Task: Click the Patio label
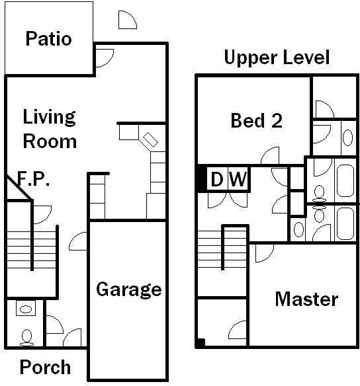click(x=48, y=38)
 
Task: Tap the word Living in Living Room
click(x=50, y=118)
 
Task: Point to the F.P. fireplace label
click(x=33, y=179)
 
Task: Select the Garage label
click(x=129, y=289)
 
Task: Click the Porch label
click(x=45, y=367)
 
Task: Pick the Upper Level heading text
click(x=277, y=58)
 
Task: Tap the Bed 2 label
click(x=257, y=121)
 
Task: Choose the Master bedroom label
click(x=306, y=299)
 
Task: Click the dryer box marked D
click(x=216, y=179)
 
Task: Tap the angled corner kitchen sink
click(x=150, y=140)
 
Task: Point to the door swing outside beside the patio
click(x=127, y=20)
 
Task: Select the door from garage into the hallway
click(x=79, y=242)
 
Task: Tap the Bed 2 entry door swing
click(x=270, y=157)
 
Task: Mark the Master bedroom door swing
click(x=264, y=252)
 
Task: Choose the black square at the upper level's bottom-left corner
click(x=201, y=343)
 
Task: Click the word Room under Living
click(x=50, y=141)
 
